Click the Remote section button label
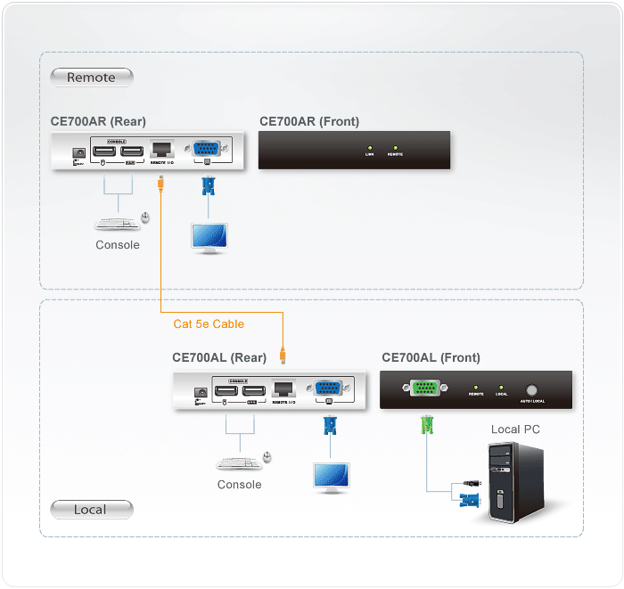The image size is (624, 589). click(x=91, y=78)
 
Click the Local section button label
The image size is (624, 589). click(x=90, y=510)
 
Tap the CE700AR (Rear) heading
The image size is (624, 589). click(x=98, y=121)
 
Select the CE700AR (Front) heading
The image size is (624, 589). click(x=309, y=121)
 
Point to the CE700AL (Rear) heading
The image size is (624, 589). click(x=219, y=357)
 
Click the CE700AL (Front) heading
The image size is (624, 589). click(x=431, y=357)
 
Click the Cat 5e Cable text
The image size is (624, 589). click(x=209, y=323)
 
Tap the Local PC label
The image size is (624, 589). click(x=515, y=429)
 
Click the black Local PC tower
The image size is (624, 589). click(x=513, y=481)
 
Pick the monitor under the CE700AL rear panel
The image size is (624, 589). click(x=330, y=477)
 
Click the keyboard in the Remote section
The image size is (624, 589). click(x=113, y=223)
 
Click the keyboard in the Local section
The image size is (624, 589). click(x=234, y=462)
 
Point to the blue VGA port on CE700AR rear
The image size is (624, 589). click(x=208, y=149)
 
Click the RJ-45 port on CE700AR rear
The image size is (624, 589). click(x=161, y=149)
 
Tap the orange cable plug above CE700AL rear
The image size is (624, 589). click(x=283, y=356)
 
